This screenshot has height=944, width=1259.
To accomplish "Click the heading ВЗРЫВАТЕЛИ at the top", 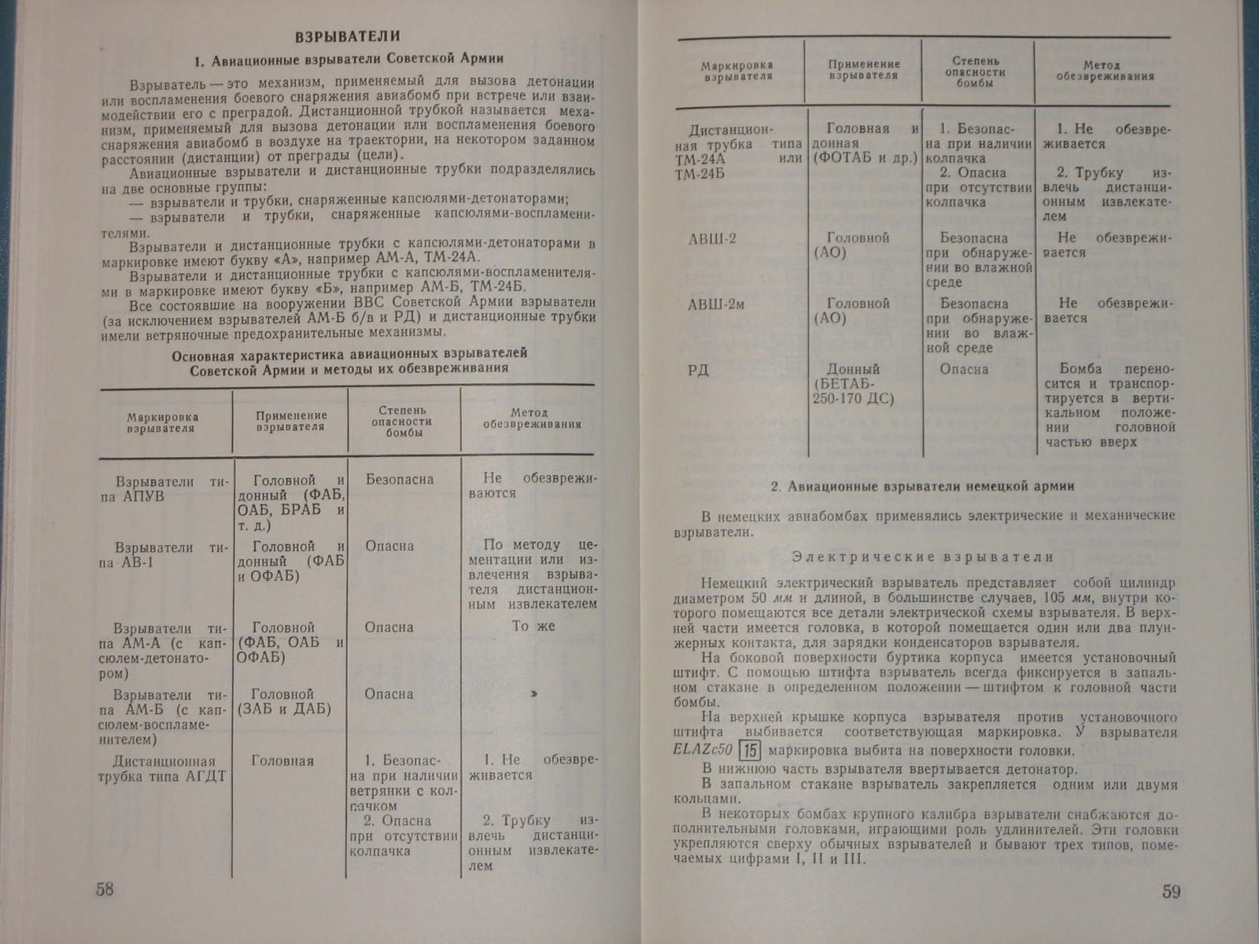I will coord(347,36).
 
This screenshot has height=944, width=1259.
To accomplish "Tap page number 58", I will coord(105,890).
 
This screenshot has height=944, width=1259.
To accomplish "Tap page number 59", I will coord(1171,892).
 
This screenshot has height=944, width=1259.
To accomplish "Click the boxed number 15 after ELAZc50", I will coord(752,750).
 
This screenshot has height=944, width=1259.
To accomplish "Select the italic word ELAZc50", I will coord(703,750).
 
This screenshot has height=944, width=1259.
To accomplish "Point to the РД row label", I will coord(699,370).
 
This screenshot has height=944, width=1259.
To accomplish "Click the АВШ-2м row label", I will coord(716,304).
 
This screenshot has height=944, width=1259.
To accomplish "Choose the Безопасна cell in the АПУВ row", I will coord(399,479).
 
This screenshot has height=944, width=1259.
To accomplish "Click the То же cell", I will coord(534,626).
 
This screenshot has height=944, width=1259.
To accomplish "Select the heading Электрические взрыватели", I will coord(922,557).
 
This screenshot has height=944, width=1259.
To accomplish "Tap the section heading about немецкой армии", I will coord(922,486).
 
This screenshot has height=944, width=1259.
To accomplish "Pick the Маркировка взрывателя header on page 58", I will coord(161,423).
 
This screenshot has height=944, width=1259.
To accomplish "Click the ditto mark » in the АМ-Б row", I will coord(534,694).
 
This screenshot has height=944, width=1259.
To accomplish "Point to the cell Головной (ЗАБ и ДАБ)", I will coord(284,702).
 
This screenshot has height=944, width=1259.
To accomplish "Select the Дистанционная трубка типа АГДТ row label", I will coord(163,769).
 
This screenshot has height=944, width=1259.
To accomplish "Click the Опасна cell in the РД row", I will coord(964,369).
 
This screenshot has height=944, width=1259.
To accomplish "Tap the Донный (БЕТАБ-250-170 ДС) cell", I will coord(853,384).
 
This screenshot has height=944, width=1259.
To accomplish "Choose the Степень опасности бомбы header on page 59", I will coord(976,71).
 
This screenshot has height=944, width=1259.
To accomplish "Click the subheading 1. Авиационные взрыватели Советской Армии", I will coord(348,58).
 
